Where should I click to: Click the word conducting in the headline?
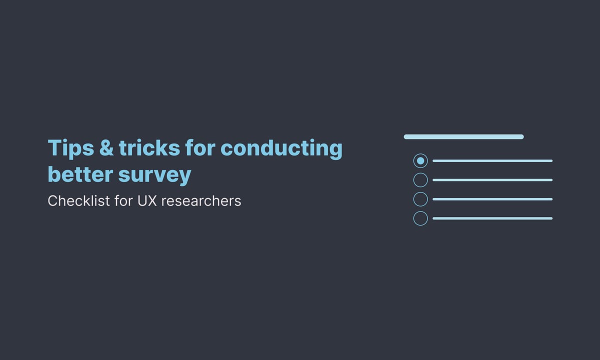281,148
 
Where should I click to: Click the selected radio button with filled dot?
420,160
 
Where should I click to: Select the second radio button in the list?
420,180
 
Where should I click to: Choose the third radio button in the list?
420,199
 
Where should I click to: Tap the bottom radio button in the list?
420,218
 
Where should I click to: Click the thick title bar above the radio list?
463,136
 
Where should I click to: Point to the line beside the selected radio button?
492,160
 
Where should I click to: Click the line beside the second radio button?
492,180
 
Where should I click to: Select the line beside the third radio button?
492,199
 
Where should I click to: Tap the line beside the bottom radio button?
492,218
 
